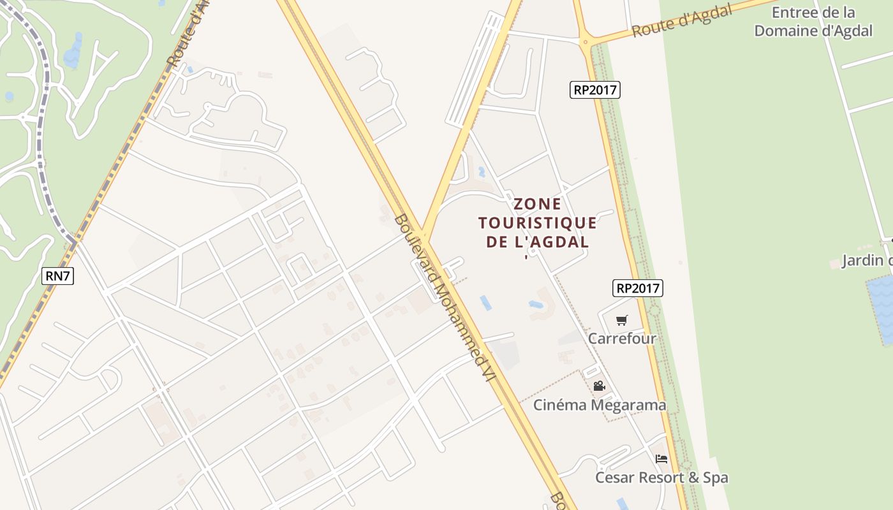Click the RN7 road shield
[x=58, y=276]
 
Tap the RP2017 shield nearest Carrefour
[x=638, y=288]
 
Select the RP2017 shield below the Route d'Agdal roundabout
[x=594, y=90]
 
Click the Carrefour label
[x=622, y=339]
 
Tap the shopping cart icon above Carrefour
[x=622, y=320]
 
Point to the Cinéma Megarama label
[x=600, y=405]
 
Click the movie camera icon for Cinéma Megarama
[x=599, y=386]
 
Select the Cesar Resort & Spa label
[x=661, y=477]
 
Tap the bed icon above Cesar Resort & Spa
[x=661, y=458]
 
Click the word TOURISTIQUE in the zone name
[x=538, y=223]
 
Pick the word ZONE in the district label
[x=538, y=204]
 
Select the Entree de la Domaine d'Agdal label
[x=813, y=22]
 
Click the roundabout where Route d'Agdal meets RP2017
[x=586, y=43]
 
